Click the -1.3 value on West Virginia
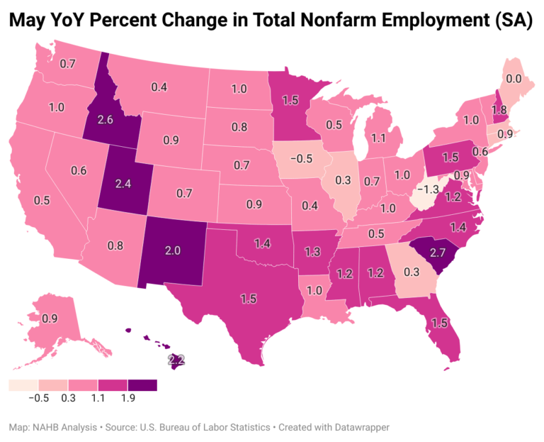coord(427,189)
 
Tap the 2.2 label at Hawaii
coord(176,360)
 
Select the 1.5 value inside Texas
coord(247,299)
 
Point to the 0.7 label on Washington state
coord(68,64)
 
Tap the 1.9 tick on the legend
coord(127,398)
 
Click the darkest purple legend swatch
coord(142,385)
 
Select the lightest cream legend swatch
coord(23,385)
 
